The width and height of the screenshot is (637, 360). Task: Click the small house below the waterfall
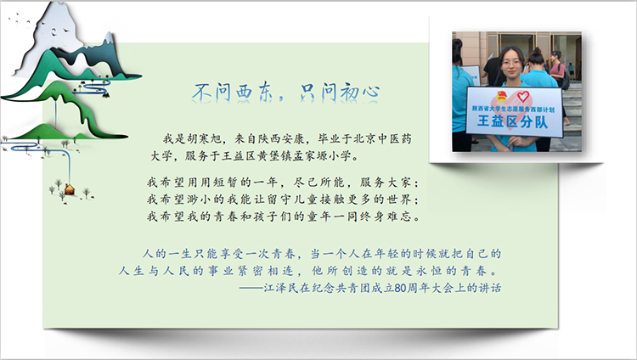point(69,189)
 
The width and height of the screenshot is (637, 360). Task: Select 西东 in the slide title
point(252,92)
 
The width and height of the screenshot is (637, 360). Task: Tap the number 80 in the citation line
point(400,288)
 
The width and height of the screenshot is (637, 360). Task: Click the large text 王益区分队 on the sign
point(513,121)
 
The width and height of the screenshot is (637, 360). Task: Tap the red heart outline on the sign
point(523,96)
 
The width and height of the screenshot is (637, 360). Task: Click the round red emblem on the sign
point(502,97)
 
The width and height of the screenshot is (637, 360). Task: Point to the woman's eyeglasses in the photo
point(511,63)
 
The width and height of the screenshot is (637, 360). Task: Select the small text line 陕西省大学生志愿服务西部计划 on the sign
point(513,109)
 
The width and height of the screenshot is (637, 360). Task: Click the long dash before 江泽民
point(251,289)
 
